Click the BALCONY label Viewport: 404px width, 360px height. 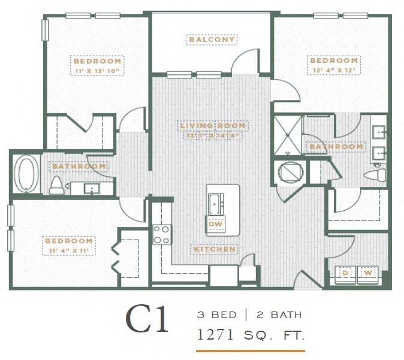pos(212,40)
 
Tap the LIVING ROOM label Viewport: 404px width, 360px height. pos(213,125)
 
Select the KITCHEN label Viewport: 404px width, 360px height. pos(214,249)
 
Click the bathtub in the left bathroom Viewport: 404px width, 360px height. pos(26,174)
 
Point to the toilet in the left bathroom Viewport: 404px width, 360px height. pos(57,185)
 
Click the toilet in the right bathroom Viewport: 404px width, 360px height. pos(376,175)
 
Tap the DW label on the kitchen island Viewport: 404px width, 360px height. pos(215,225)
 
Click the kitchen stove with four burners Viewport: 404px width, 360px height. pos(161,234)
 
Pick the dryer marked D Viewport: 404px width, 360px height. pos(346,274)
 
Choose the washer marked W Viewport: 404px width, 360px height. pos(369,274)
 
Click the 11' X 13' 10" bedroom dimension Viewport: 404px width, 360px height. pos(97,71)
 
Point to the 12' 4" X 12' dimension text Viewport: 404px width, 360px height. pos(333,70)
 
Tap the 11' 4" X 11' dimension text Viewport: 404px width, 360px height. pos(68,250)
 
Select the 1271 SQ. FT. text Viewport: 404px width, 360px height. pos(250,334)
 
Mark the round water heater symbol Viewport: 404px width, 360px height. pos(289,171)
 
